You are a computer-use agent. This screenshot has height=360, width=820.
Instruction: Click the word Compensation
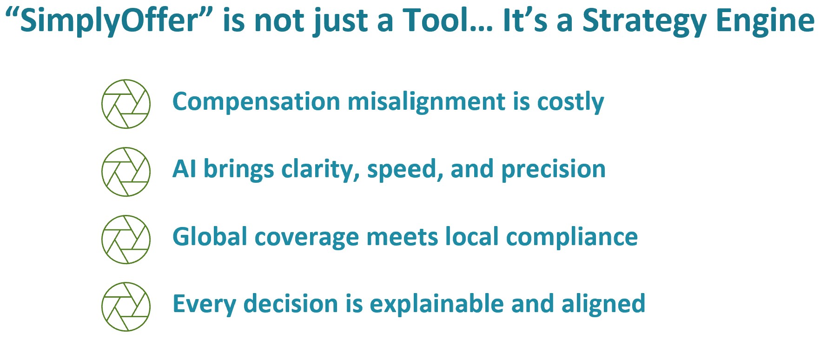[x=257, y=102]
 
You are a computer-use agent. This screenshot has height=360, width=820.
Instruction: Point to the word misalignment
[x=427, y=102]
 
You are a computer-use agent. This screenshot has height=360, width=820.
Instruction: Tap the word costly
[x=570, y=102]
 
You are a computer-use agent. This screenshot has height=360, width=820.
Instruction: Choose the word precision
[x=553, y=170]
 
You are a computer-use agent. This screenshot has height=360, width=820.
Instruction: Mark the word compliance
[x=572, y=238]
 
